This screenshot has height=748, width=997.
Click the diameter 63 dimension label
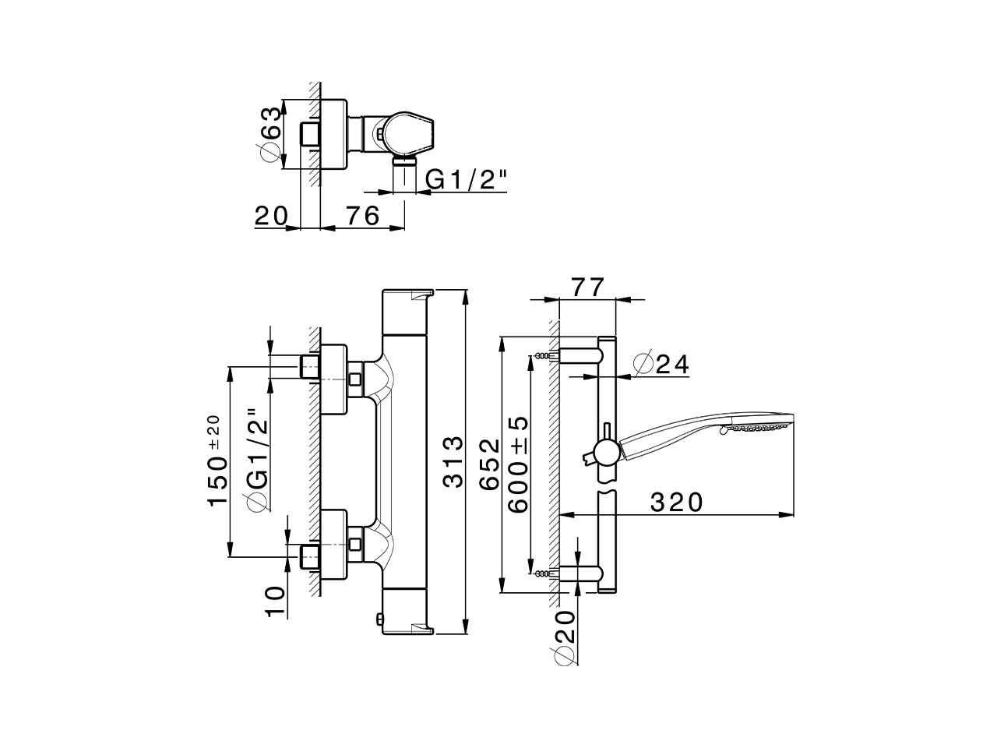270,134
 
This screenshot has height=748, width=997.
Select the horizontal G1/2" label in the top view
467,180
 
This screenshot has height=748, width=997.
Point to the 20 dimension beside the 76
271,215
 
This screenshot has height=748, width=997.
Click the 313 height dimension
453,462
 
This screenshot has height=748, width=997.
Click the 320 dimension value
676,503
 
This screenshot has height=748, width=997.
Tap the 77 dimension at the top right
588,288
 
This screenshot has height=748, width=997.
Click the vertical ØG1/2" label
258,460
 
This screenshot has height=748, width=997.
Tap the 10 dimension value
275,602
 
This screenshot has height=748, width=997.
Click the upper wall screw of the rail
542,356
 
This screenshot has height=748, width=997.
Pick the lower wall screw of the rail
542,574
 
